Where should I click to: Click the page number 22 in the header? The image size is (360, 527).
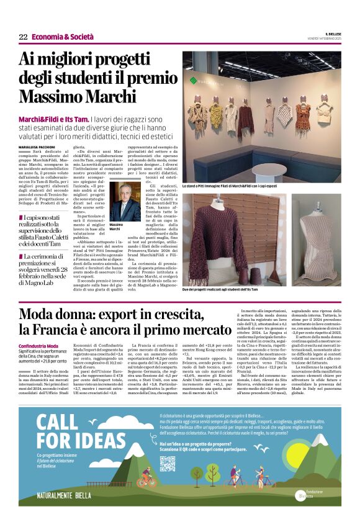coord(23,37)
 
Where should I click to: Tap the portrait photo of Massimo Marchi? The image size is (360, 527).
coord(125,201)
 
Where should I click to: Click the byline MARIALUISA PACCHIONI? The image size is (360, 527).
coord(40,146)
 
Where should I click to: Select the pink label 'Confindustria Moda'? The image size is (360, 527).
coord(38,346)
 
